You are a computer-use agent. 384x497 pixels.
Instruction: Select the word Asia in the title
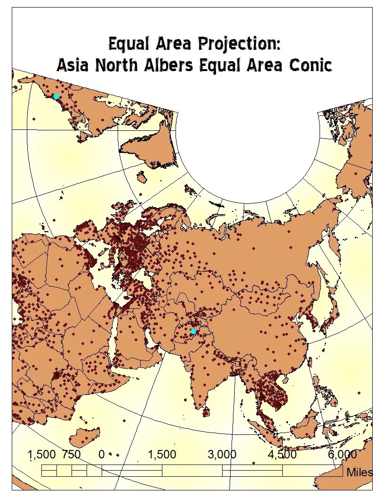(x=72, y=65)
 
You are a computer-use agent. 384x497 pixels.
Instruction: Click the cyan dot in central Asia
(x=193, y=331)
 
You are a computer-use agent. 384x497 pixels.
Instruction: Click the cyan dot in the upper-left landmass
(x=56, y=96)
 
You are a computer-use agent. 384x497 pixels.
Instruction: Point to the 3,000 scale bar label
(x=222, y=455)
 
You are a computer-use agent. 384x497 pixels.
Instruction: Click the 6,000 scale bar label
(x=342, y=455)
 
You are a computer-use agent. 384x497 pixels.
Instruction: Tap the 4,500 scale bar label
(x=282, y=455)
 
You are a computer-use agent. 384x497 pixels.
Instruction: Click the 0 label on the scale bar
(x=102, y=455)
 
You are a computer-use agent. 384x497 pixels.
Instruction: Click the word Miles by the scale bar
(x=359, y=472)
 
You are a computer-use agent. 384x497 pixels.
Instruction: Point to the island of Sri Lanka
(x=206, y=412)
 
